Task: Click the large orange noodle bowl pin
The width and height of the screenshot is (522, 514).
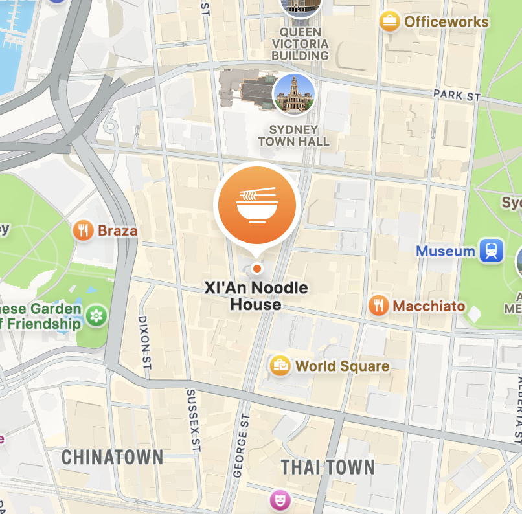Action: click(257, 207)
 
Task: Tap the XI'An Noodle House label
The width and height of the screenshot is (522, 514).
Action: click(256, 296)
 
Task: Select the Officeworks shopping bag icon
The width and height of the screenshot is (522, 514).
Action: click(389, 22)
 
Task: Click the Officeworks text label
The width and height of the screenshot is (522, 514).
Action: click(446, 22)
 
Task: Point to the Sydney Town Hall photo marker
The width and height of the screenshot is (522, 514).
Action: click(294, 95)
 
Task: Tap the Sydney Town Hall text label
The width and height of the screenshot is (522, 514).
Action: click(294, 135)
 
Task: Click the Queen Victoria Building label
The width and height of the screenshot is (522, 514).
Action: click(300, 43)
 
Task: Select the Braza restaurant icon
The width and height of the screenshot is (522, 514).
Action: click(84, 230)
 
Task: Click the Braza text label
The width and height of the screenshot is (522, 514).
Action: click(117, 230)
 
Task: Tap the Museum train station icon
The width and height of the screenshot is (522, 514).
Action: click(492, 251)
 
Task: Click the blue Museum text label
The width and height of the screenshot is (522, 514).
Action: click(446, 251)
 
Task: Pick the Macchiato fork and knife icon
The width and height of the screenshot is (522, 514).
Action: click(378, 306)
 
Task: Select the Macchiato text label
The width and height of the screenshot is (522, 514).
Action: click(429, 306)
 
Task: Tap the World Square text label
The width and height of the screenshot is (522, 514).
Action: click(342, 366)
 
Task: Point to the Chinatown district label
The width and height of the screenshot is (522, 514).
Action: click(112, 458)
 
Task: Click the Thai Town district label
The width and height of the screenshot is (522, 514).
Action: click(328, 467)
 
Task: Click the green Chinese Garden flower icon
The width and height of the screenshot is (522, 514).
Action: click(97, 315)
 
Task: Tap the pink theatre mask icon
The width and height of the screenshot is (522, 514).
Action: click(280, 499)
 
